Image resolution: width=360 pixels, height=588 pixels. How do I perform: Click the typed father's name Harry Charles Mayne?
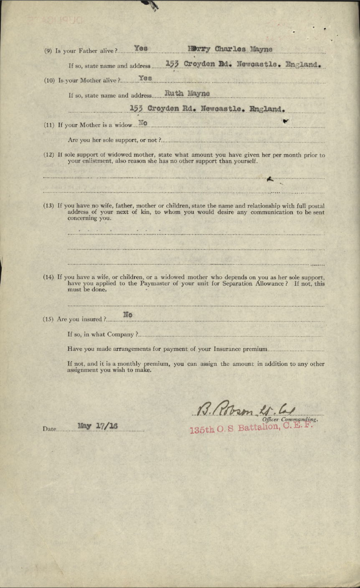tap(230, 49)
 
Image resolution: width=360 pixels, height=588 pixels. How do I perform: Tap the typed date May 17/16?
tap(98, 426)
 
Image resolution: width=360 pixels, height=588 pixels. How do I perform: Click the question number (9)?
tap(48, 51)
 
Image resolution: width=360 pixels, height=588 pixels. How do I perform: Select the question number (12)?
tap(49, 155)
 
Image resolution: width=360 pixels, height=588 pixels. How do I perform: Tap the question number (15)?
tap(49, 319)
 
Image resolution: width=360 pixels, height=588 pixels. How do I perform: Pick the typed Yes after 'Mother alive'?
tap(145, 78)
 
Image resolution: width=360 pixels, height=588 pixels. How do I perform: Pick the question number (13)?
tap(49, 206)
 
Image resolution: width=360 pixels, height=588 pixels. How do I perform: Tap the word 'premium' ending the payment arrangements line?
tap(251, 349)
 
